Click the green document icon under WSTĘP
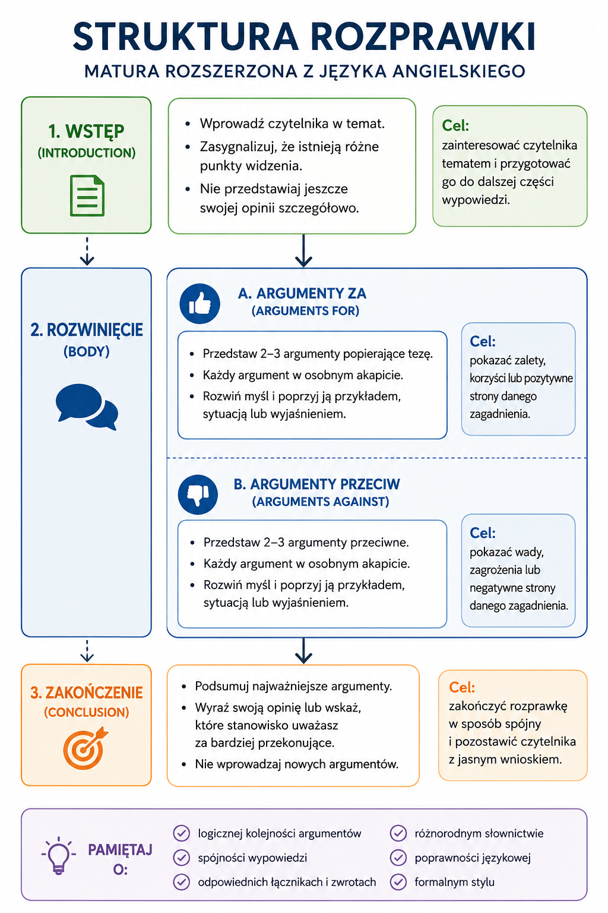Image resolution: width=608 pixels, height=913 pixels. [87, 196]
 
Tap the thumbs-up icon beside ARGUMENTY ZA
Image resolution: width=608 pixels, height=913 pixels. [199, 304]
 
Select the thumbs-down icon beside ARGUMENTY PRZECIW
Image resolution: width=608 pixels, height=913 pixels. [198, 495]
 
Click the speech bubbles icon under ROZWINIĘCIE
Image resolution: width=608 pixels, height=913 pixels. [87, 407]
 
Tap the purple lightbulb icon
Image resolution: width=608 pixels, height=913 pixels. [59, 856]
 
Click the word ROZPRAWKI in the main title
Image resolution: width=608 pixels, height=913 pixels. [423, 37]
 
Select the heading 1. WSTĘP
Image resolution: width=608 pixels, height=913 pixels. [86, 131]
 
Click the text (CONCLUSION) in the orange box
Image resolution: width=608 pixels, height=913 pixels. [86, 712]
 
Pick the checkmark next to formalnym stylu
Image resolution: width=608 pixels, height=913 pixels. [398, 882]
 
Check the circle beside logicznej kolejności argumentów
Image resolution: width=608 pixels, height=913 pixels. [182, 833]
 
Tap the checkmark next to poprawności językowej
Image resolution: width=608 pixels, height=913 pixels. [398, 858]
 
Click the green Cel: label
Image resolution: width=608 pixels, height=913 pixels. [455, 125]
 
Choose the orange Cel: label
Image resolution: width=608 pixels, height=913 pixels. [462, 687]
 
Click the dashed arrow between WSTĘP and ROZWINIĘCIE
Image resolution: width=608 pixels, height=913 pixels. [87, 251]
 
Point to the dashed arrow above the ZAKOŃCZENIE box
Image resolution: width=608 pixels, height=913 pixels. [87, 651]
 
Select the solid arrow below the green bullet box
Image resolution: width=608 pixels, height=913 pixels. [303, 251]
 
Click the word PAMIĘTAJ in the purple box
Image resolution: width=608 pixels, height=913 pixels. [120, 850]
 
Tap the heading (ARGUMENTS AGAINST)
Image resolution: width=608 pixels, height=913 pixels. [321, 501]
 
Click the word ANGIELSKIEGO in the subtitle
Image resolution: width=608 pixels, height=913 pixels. [459, 71]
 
